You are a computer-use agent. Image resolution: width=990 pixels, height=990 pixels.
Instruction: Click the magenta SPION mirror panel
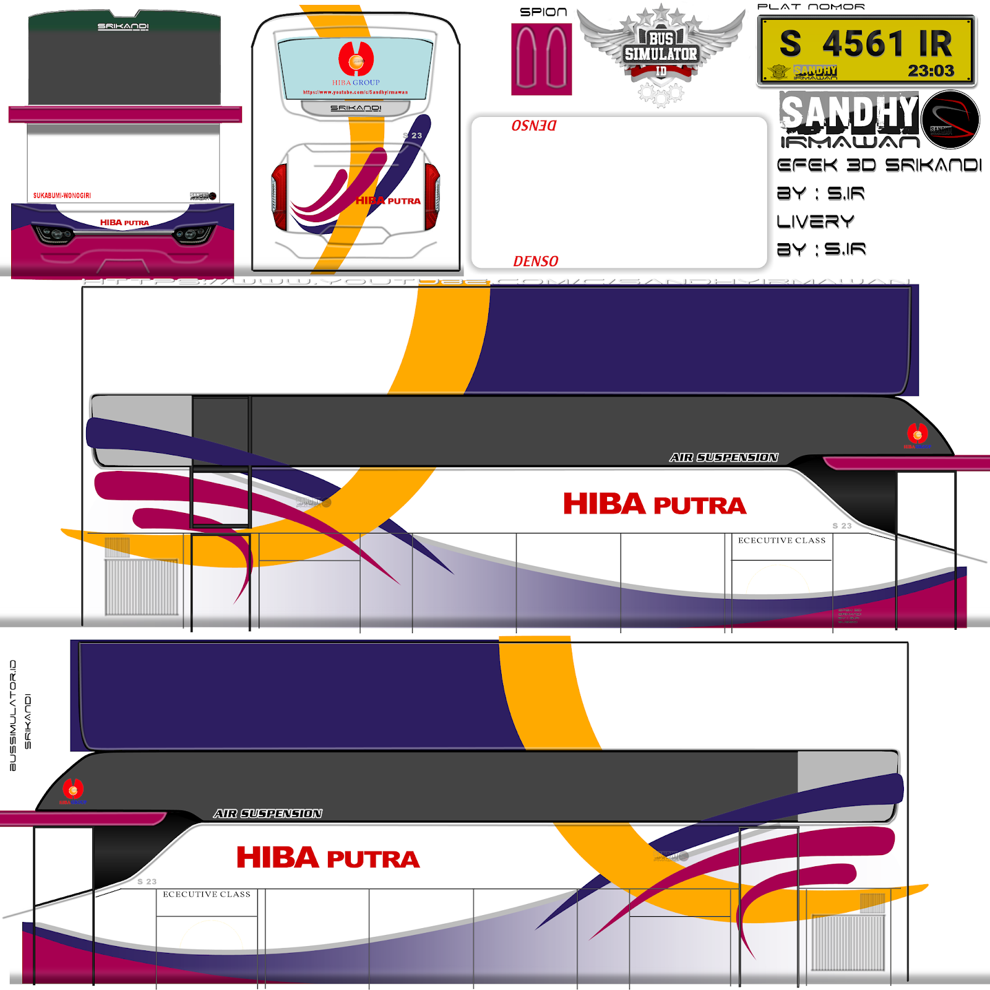[541, 59]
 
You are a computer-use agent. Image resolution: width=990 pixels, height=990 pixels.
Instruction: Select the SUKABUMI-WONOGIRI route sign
[62, 196]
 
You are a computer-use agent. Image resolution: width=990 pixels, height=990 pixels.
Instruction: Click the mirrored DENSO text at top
[533, 126]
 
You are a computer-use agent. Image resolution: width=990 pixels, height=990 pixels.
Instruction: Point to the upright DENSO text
[536, 262]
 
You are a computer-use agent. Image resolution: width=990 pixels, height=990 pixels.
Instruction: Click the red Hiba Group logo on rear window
[356, 58]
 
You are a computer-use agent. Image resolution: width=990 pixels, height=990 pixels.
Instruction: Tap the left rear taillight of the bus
[279, 196]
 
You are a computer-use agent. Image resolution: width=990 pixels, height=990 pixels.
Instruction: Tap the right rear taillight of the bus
[433, 196]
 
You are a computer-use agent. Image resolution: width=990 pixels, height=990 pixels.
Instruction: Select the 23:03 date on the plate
[931, 71]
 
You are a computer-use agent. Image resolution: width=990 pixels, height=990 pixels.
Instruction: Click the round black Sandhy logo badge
[950, 120]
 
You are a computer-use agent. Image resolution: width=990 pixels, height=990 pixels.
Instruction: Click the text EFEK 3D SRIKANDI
[879, 165]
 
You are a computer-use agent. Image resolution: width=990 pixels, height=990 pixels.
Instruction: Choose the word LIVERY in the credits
[816, 222]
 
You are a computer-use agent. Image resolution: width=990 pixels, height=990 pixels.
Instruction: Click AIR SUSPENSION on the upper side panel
[723, 458]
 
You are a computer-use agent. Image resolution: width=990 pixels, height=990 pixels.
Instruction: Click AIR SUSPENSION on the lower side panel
[268, 814]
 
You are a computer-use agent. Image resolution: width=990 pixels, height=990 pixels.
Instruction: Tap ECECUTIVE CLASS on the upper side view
[781, 541]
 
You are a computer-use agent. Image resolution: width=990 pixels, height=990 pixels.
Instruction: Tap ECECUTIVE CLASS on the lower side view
[207, 895]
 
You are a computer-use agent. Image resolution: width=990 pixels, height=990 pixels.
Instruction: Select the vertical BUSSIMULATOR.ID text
[13, 715]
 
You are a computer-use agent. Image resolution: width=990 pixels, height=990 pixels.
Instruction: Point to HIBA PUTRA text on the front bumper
[124, 223]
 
